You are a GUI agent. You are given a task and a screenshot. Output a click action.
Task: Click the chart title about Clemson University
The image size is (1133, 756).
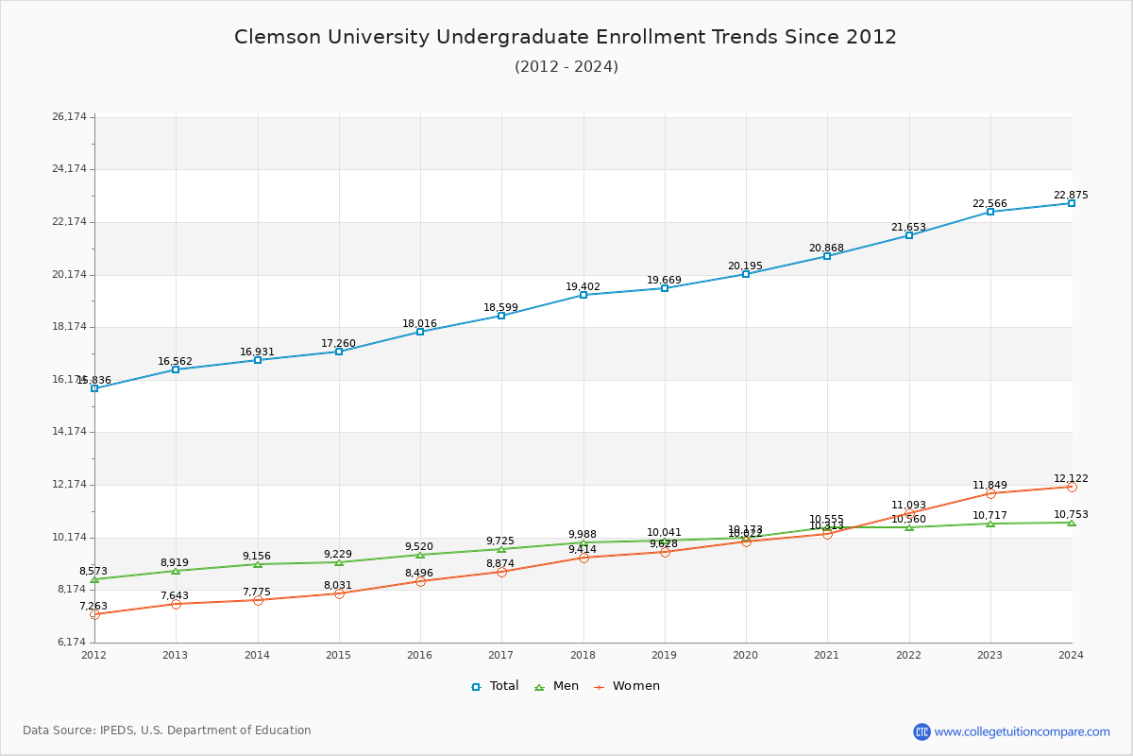tap(566, 37)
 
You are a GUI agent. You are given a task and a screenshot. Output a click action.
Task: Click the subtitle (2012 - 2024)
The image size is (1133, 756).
tap(566, 66)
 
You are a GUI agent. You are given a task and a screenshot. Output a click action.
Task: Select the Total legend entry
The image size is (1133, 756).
tap(495, 686)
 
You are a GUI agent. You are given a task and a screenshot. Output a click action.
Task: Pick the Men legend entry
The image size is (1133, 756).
tap(557, 686)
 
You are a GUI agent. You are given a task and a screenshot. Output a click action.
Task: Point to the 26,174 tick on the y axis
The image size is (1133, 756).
tap(69, 117)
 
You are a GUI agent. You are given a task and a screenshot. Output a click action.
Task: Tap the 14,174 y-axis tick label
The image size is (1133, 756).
tap(69, 432)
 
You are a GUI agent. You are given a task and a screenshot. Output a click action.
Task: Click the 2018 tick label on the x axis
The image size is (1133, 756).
tap(583, 654)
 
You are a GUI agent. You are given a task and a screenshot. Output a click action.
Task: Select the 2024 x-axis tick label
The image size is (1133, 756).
tap(1071, 654)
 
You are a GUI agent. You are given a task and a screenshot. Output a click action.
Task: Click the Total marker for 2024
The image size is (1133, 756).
tap(1072, 203)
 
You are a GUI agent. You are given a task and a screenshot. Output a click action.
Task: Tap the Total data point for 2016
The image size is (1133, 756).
tap(420, 332)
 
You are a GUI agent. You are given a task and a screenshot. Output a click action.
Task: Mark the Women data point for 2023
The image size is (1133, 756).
tap(990, 493)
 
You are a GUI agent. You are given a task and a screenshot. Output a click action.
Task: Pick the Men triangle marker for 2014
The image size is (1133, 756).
tap(257, 564)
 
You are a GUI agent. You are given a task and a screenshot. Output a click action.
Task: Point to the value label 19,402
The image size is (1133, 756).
tap(583, 287)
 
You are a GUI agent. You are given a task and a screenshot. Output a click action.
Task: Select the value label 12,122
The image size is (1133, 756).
tap(1071, 479)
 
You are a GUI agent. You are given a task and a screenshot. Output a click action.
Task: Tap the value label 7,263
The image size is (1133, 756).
tap(93, 607)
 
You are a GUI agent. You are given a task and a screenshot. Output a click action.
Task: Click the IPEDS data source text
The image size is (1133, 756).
tap(167, 730)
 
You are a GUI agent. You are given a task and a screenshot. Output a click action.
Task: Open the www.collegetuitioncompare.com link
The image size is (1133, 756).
tap(1022, 731)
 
